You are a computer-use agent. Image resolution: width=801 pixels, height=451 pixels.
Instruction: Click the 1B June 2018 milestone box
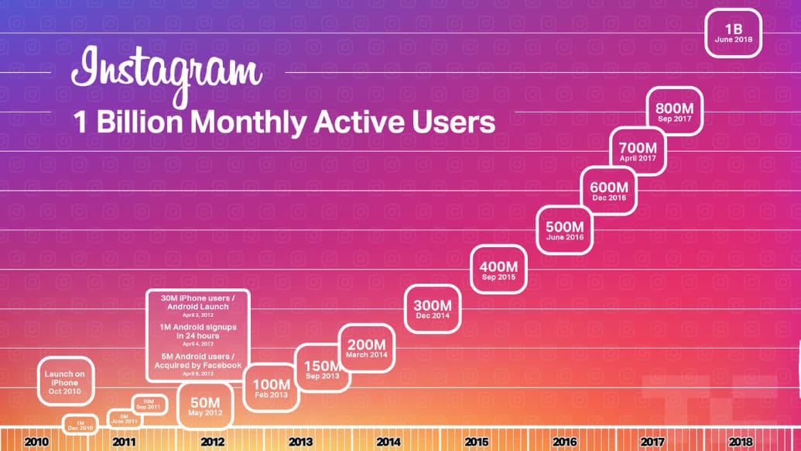coord(734,33)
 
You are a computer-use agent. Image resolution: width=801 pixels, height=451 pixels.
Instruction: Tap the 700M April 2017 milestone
coord(638,151)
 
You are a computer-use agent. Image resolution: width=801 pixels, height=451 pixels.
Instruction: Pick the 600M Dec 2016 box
coord(608,191)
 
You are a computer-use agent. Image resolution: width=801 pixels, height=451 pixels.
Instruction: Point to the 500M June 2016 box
coord(564,231)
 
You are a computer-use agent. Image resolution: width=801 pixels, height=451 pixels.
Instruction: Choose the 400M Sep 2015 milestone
coord(498,271)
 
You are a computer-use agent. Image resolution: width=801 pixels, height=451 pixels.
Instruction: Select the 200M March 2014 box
coord(366,349)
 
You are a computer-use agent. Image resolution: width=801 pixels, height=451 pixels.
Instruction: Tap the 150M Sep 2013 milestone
coord(321,369)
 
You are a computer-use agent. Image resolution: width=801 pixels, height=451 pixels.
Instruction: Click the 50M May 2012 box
coord(204,406)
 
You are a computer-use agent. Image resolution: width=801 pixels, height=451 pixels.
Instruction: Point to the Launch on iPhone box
coord(65,380)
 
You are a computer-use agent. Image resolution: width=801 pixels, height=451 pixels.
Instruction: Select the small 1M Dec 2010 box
coord(80,425)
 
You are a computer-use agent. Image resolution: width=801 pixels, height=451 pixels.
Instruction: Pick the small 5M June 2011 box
coord(123,419)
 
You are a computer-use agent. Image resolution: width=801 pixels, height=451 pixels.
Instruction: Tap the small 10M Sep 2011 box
coord(148,405)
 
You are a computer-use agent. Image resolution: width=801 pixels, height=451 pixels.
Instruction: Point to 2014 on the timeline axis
coord(389,442)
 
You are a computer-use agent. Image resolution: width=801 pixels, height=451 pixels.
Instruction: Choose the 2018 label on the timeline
coord(740,442)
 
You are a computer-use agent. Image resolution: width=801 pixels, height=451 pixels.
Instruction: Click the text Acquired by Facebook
coord(198,365)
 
